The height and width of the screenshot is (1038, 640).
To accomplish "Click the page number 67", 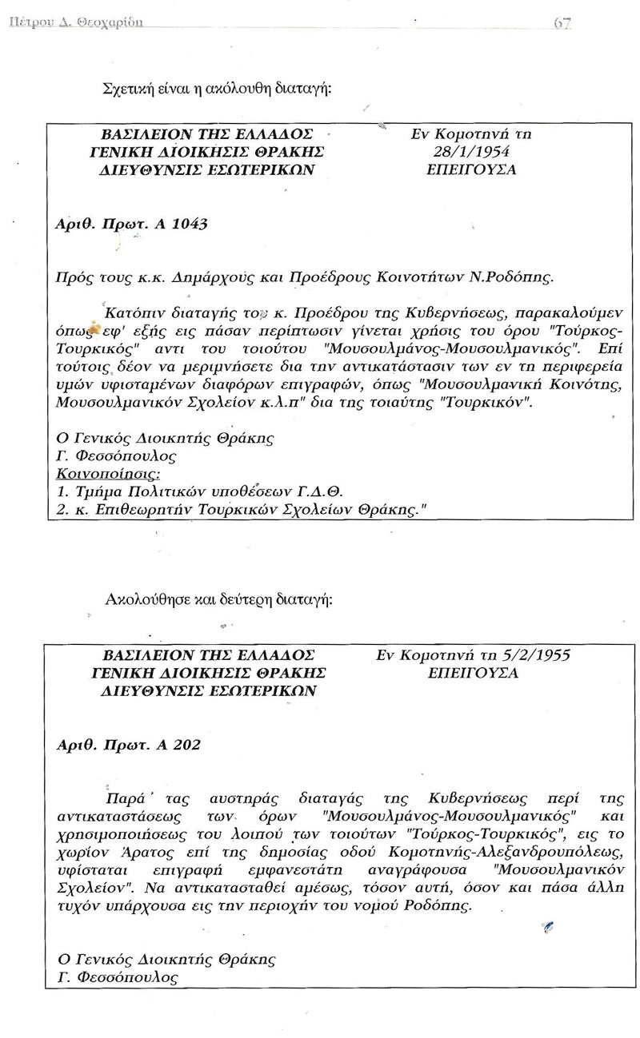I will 562,23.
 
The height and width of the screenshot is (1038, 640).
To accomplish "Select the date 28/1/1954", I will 471,152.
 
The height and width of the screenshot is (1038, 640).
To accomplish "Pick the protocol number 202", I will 184,745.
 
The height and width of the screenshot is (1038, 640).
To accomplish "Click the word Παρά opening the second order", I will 126,797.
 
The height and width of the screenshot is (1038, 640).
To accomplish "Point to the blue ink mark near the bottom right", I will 547,927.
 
